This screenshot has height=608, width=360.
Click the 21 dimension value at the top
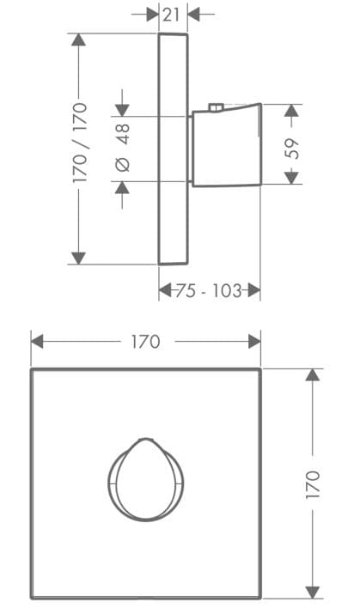[x=172, y=14]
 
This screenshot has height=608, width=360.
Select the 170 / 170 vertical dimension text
[x=80, y=143]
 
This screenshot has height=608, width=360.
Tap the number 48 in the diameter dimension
[x=122, y=132]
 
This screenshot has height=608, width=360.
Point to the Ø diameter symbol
[x=122, y=164]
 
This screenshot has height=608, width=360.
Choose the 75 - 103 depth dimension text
[x=209, y=290]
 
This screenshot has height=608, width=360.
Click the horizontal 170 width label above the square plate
[x=145, y=341]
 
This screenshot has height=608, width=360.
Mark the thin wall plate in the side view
[x=173, y=149]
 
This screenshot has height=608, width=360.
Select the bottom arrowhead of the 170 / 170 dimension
[x=79, y=257]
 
